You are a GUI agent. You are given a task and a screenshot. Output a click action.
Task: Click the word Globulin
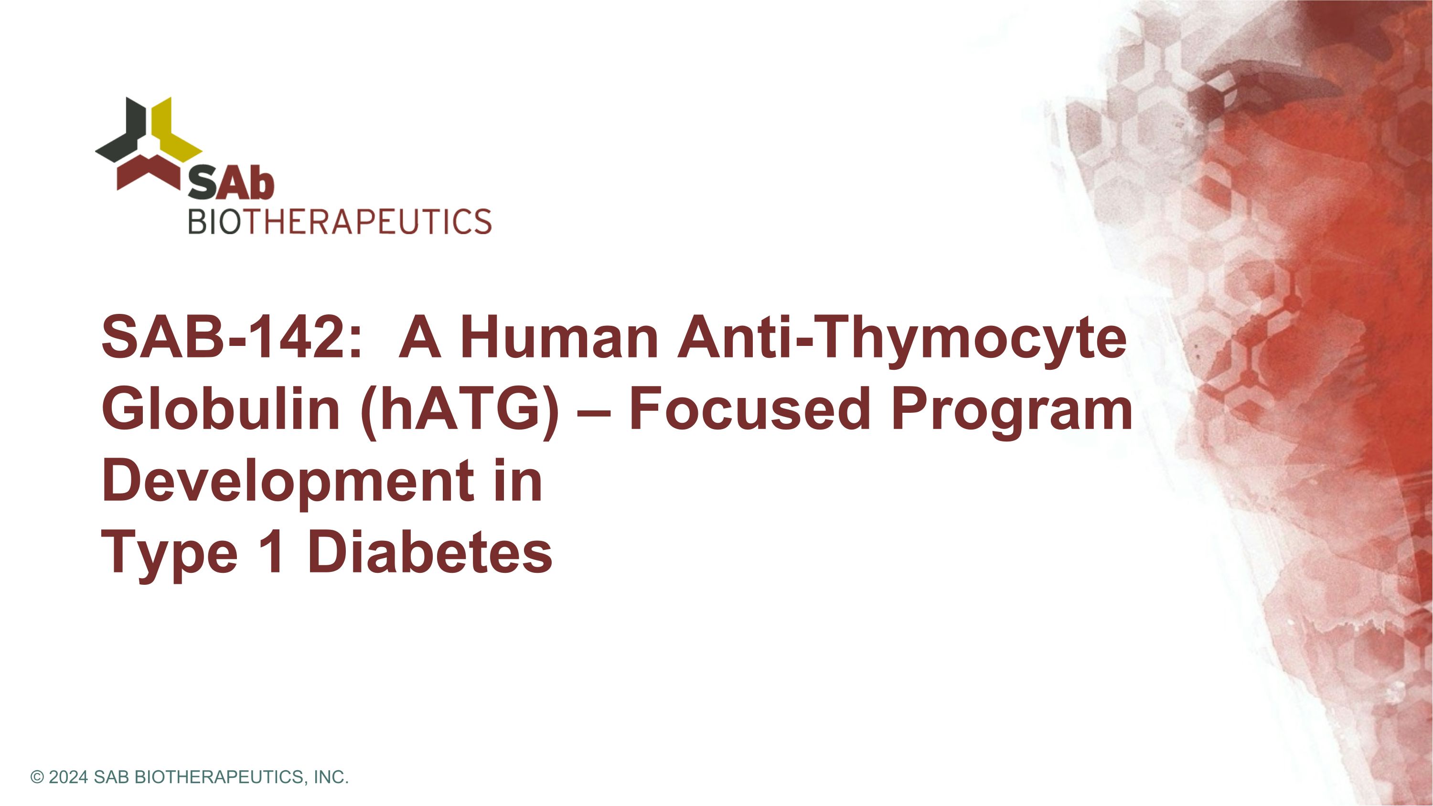point(220,409)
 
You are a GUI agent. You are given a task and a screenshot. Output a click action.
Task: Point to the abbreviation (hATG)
point(460,410)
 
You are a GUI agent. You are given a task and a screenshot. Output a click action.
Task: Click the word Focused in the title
point(748,409)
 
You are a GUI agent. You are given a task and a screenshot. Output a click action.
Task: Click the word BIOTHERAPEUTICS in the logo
point(339,221)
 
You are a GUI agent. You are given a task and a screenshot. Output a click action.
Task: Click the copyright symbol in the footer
point(37,776)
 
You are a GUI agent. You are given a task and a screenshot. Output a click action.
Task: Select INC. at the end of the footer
point(332,776)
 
